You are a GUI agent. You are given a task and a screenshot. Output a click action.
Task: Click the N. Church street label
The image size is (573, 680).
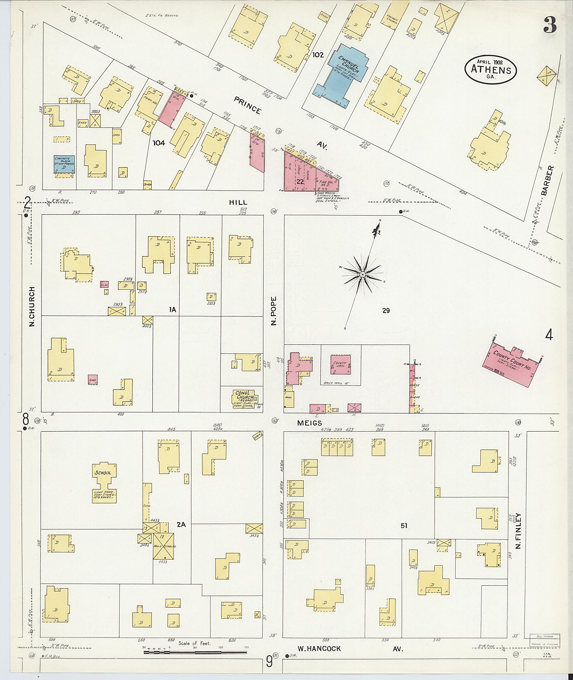point(32,306)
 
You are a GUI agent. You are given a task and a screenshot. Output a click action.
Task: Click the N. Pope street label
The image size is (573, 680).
point(274,310)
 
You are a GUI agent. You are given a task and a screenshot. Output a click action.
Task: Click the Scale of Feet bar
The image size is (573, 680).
point(196,652)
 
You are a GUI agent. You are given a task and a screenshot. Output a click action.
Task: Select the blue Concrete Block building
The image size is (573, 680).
point(64,164)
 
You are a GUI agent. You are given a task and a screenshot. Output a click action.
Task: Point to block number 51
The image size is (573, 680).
point(404,525)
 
